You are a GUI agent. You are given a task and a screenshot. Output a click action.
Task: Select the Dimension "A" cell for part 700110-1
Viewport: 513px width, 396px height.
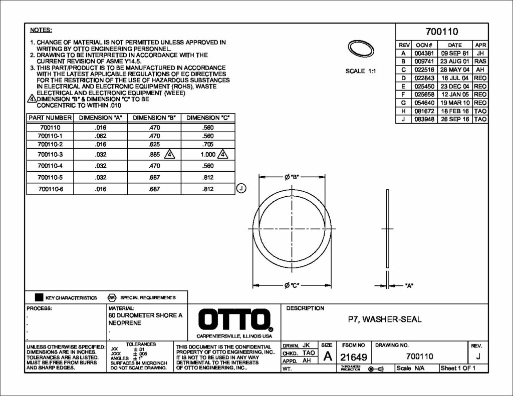(x=100, y=136)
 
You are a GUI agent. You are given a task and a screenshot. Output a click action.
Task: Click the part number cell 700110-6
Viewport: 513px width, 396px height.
(x=51, y=189)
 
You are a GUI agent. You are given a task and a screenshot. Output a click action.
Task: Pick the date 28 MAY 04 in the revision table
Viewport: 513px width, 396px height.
(x=455, y=70)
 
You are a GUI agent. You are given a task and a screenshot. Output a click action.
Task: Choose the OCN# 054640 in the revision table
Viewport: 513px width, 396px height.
(x=424, y=103)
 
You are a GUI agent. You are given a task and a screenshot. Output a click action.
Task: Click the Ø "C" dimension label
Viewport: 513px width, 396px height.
(x=292, y=285)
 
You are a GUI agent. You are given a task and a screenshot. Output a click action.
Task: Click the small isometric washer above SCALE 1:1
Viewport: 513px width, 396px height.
(x=361, y=49)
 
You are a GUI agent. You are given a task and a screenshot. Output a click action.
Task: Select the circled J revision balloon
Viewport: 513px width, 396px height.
(x=241, y=189)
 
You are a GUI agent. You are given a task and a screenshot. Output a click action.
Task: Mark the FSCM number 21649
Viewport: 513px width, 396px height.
(x=354, y=357)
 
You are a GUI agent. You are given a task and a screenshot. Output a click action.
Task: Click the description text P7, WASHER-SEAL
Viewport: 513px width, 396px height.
(x=385, y=319)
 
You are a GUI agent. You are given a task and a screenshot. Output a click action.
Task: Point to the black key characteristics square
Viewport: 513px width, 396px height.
(x=39, y=297)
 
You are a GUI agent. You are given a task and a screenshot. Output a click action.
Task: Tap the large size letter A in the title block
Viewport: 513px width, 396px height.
(x=327, y=356)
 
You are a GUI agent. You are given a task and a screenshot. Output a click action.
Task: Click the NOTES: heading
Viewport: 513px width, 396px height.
(x=41, y=31)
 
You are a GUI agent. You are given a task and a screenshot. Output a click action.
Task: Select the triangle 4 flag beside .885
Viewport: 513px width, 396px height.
(x=170, y=155)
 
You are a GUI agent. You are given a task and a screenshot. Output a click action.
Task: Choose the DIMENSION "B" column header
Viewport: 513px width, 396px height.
(x=154, y=118)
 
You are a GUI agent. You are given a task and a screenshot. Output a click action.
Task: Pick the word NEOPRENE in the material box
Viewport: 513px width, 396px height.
(x=122, y=324)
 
